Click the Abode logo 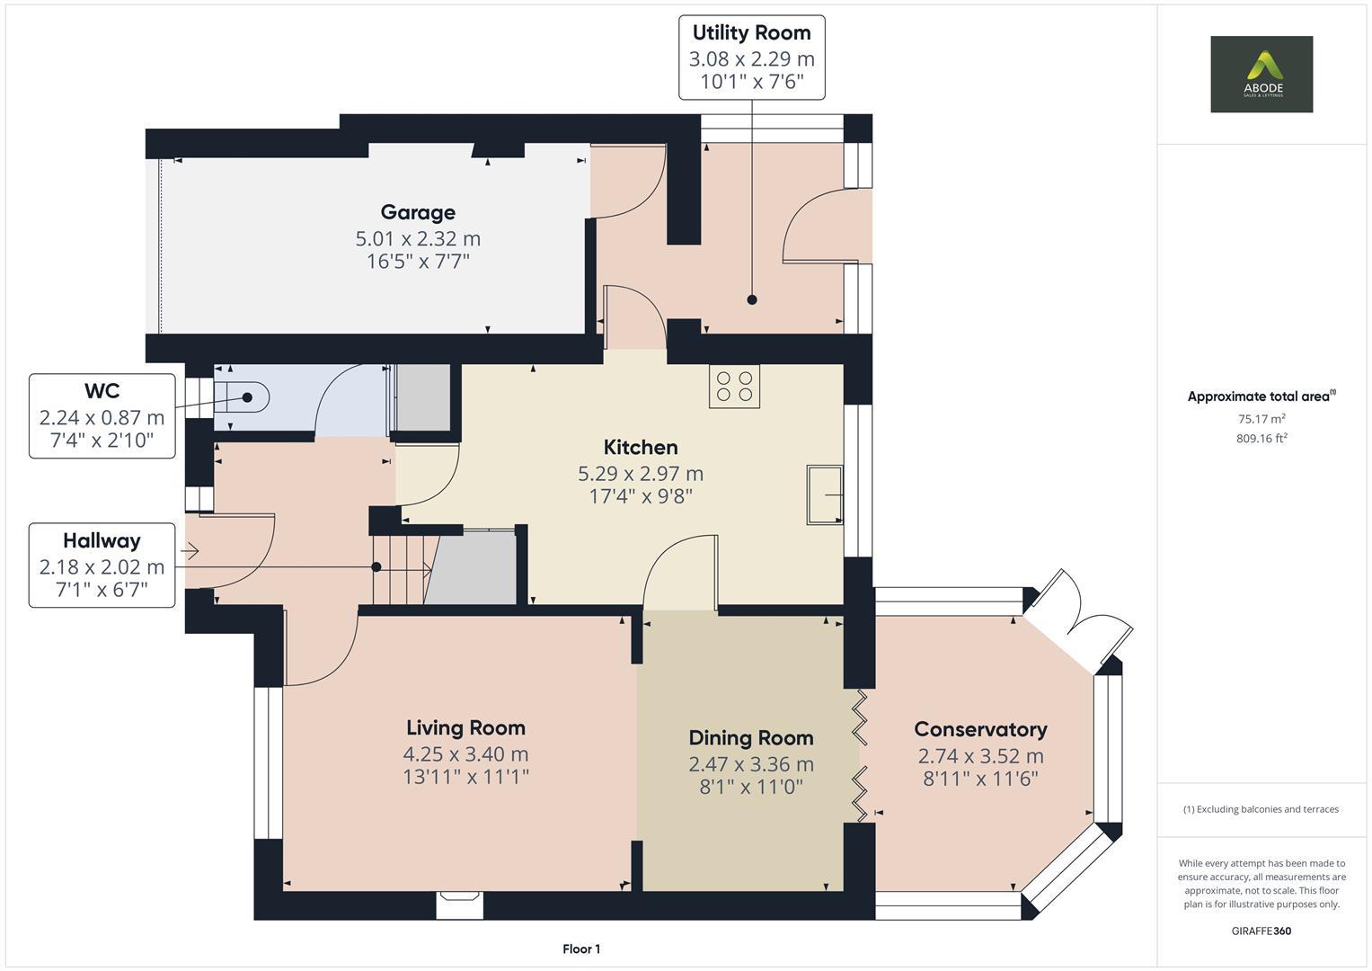[x=1261, y=74]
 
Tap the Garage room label [x=418, y=212]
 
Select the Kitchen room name [x=641, y=447]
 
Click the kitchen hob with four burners [x=734, y=387]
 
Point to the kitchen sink [x=825, y=494]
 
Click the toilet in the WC [x=241, y=397]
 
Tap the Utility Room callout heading [x=751, y=32]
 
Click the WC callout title [x=102, y=390]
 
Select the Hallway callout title [x=102, y=540]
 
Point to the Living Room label [x=465, y=727]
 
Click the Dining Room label [x=751, y=737]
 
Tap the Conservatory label [x=980, y=729]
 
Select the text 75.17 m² [x=1261, y=419]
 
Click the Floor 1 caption [x=581, y=949]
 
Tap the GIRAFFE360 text [x=1261, y=931]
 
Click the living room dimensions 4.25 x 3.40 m [x=465, y=754]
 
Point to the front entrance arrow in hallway [x=190, y=551]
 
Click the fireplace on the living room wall [x=459, y=904]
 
